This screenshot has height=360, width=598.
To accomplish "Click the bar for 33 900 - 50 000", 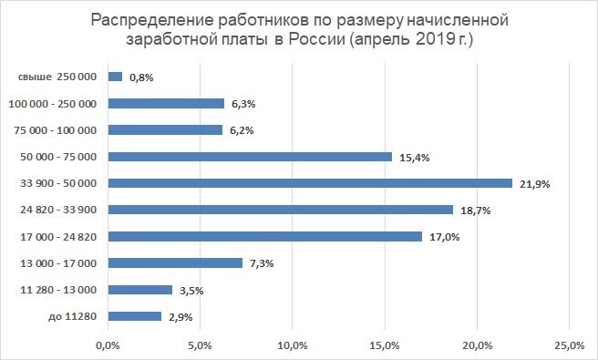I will (x=310, y=183).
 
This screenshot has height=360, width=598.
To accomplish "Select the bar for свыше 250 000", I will (x=115, y=77).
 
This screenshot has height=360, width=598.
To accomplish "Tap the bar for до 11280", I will (x=134, y=316).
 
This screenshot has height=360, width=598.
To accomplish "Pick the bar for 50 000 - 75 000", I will (x=250, y=157).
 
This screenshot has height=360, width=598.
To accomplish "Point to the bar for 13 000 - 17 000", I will (x=175, y=263).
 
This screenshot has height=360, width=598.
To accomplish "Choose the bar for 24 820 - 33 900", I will (x=280, y=210).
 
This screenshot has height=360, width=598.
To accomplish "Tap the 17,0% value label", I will (x=444, y=237).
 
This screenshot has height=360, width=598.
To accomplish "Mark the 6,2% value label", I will (x=242, y=130).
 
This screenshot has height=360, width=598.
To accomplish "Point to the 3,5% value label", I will (x=191, y=291).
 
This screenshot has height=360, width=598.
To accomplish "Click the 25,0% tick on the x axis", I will (x=570, y=345).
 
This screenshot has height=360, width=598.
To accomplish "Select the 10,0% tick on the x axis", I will (x=292, y=345).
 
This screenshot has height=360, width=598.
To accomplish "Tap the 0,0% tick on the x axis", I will (x=108, y=345).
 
